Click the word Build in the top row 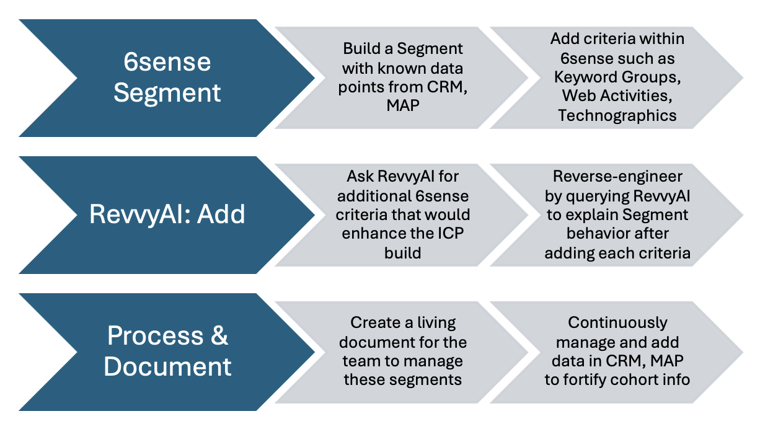tap(361, 48)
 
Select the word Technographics tap(617, 116)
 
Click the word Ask tap(360, 177)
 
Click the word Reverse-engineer tap(617, 177)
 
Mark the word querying tap(597, 197)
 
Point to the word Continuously tap(617, 323)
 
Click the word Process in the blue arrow tap(156, 335)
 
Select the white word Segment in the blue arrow tap(167, 92)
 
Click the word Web tap(578, 95)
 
